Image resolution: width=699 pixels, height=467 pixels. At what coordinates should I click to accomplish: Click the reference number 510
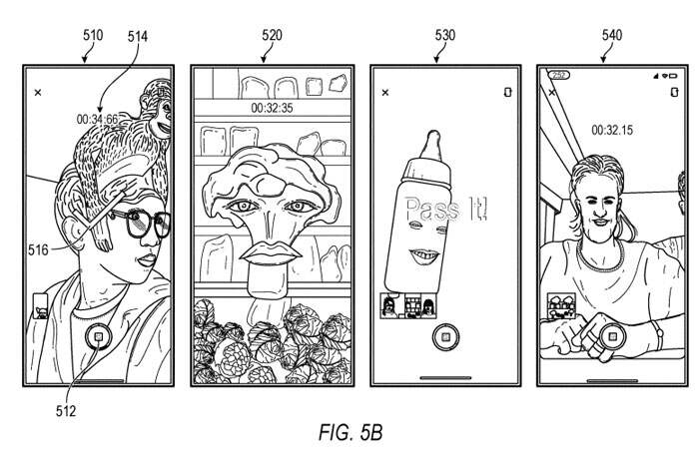click(93, 35)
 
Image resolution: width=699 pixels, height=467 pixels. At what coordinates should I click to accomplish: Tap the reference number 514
click(138, 36)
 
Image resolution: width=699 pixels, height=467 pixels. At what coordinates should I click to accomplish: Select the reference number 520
click(272, 35)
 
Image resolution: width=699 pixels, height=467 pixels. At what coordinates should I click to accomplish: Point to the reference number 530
click(445, 35)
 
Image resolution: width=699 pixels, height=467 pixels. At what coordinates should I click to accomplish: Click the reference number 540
click(612, 35)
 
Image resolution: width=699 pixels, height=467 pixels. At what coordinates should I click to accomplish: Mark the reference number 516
click(38, 250)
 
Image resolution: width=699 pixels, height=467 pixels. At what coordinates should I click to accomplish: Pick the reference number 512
click(66, 410)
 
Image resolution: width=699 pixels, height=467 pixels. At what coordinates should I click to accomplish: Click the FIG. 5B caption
click(350, 432)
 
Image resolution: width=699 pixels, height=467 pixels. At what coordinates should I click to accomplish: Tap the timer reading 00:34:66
click(97, 119)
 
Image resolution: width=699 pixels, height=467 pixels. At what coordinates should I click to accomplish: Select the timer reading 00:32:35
click(272, 108)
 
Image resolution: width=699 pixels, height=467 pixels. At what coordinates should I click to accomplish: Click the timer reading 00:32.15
click(612, 130)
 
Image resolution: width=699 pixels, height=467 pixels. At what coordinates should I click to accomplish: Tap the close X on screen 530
click(385, 92)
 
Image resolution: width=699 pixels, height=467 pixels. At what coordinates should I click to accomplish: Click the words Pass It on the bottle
click(446, 209)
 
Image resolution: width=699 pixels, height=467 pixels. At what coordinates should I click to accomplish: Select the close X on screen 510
click(38, 92)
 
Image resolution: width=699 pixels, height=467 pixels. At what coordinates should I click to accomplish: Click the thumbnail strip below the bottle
click(408, 305)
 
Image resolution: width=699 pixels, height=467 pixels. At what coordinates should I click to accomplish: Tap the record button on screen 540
click(611, 337)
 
